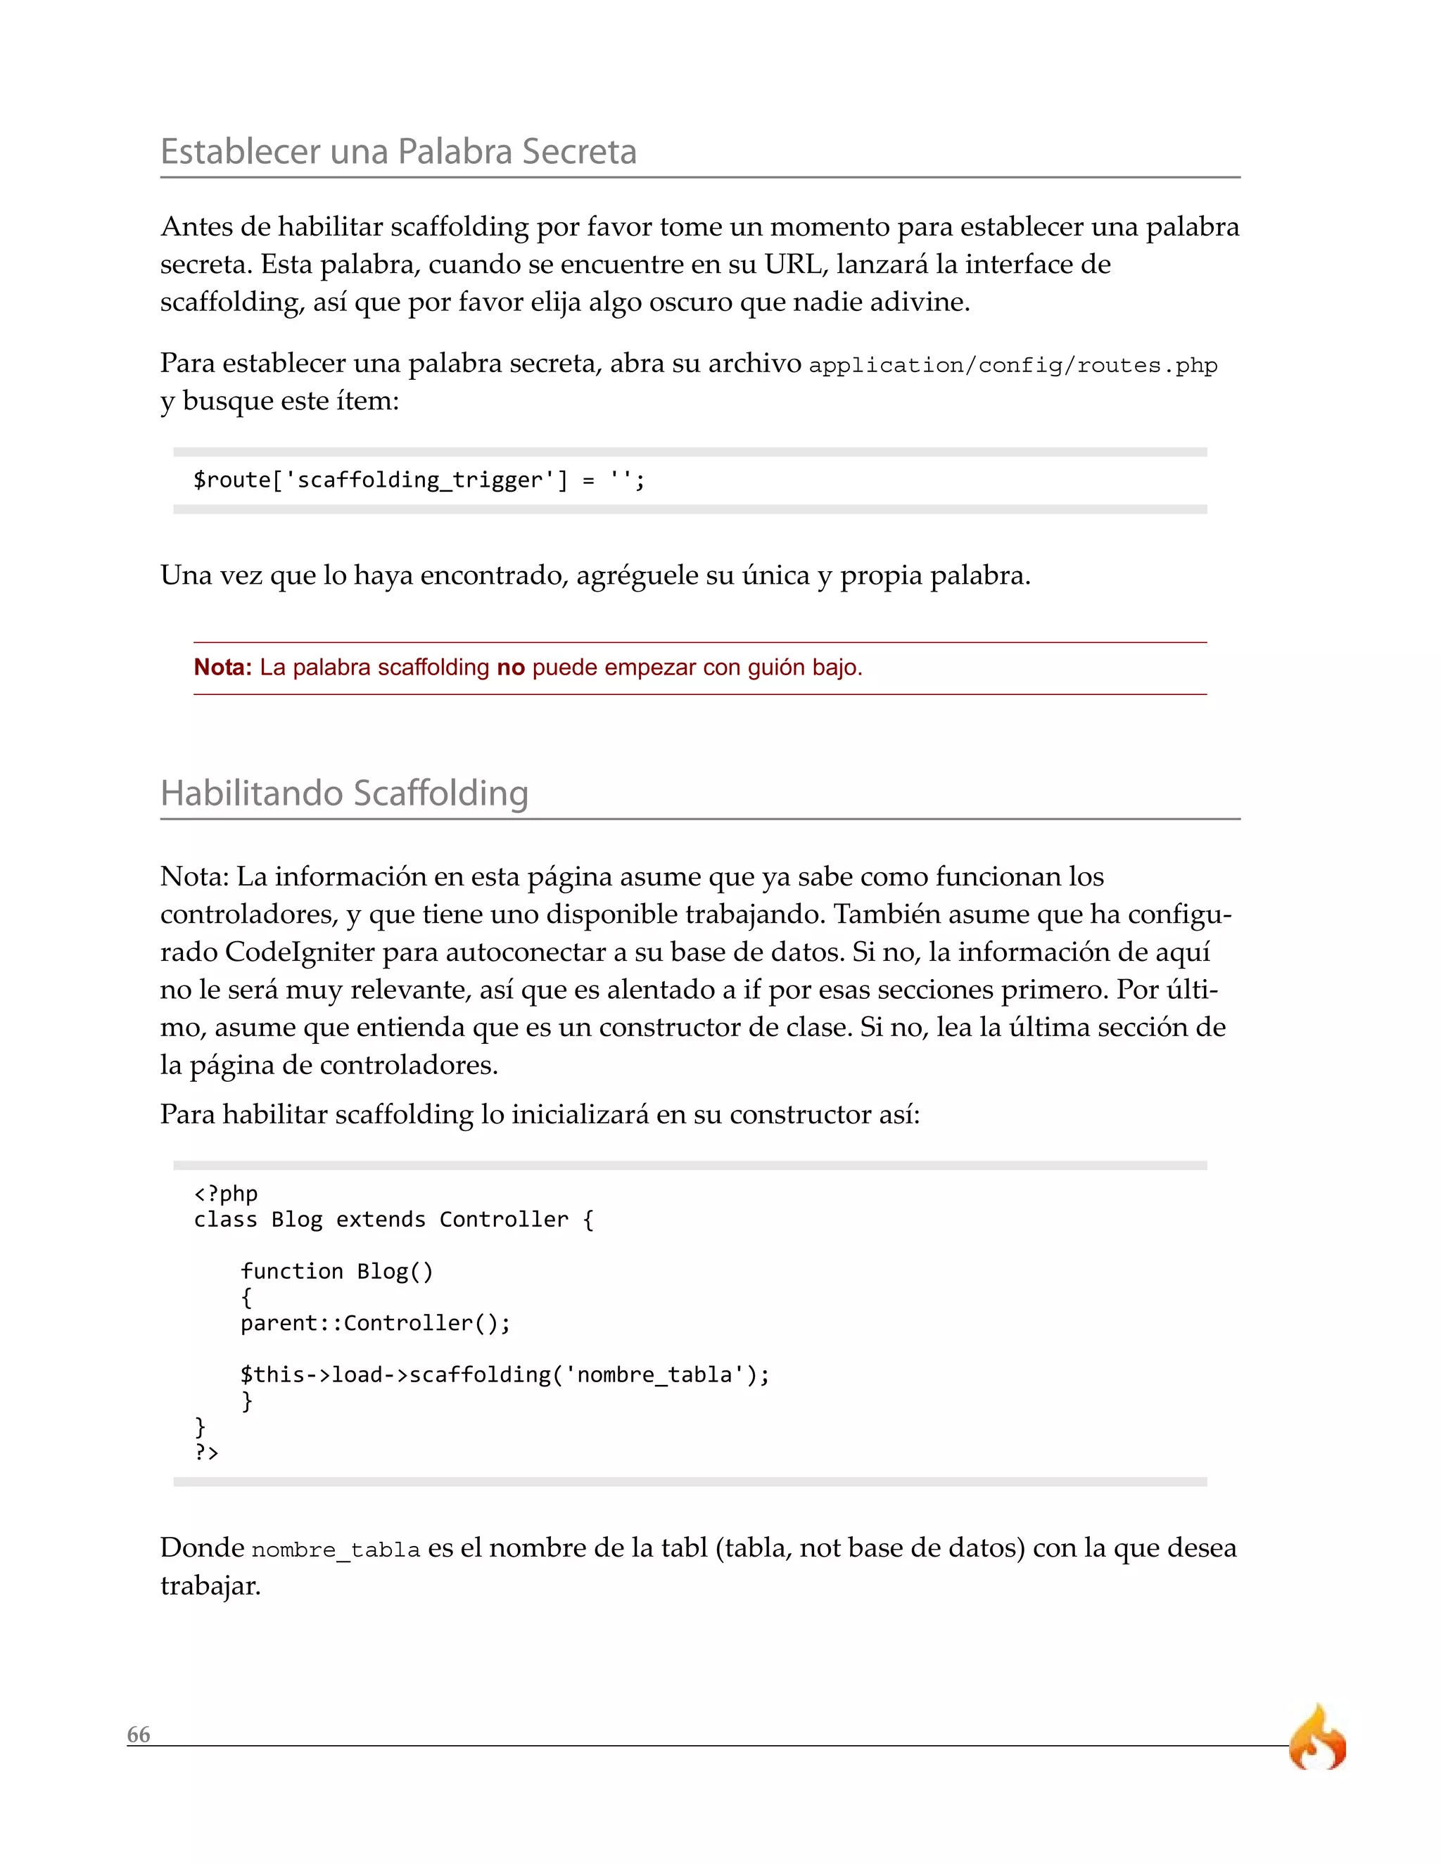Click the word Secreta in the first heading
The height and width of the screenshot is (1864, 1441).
(579, 152)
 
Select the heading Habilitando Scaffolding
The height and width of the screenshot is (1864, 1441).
(344, 793)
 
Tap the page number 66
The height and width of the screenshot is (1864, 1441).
(139, 1735)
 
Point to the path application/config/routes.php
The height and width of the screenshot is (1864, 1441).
(1012, 365)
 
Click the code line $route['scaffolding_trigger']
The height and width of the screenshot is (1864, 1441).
(419, 480)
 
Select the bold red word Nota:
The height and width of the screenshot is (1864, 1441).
(222, 668)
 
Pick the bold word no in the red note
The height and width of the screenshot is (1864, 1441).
(511, 668)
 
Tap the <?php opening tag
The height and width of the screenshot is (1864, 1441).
(225, 1193)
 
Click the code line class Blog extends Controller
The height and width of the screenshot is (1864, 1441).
(393, 1220)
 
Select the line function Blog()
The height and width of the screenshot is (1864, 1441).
(336, 1271)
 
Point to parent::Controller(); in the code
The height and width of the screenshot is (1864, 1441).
(375, 1323)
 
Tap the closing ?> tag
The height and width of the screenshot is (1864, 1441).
(207, 1452)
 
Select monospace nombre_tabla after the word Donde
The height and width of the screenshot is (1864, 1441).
(336, 1550)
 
